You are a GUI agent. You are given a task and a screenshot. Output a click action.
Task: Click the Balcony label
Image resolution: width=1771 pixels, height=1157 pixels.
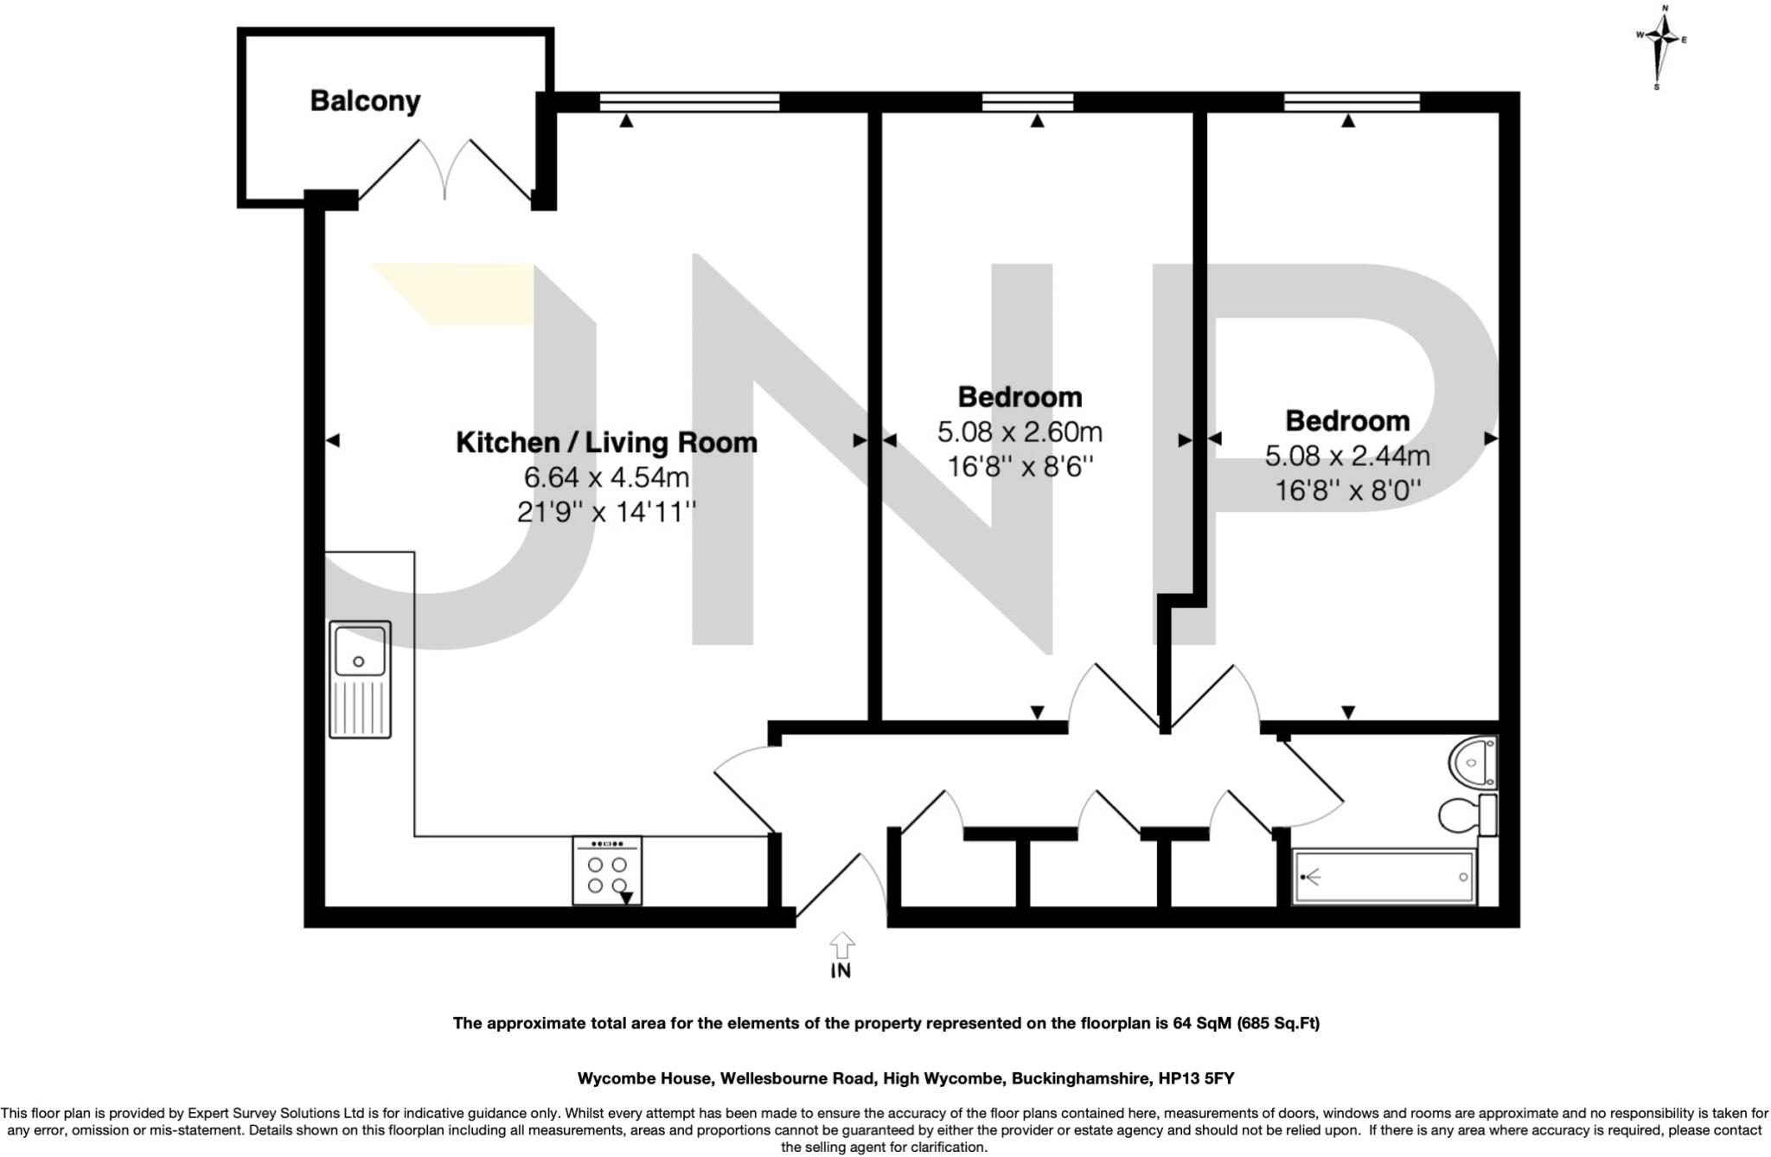pos(365,101)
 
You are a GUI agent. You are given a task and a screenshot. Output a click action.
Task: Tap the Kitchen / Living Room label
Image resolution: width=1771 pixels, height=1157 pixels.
pos(606,443)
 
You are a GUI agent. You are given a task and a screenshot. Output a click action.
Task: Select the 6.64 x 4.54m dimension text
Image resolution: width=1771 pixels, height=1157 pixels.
pos(606,477)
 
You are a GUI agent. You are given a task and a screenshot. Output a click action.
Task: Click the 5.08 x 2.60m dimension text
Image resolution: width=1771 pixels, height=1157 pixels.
pos(1020,431)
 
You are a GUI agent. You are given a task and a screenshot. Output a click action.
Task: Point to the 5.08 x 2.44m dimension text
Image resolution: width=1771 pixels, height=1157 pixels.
pos(1347,456)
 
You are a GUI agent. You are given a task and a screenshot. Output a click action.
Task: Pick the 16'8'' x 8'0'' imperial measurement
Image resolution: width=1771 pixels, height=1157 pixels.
pos(1347,491)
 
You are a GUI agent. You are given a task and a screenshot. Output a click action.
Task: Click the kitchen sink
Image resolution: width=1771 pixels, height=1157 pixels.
pos(360,680)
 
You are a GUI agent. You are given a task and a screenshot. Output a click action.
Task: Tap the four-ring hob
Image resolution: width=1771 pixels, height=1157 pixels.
pos(607,871)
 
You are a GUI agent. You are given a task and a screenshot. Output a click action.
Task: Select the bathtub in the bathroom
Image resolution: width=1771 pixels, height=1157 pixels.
pos(1383,878)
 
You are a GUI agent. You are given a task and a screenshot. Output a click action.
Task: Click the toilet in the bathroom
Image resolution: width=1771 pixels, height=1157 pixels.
pos(1464,814)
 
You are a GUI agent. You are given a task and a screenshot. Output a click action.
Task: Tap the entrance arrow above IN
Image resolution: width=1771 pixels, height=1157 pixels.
pos(841,943)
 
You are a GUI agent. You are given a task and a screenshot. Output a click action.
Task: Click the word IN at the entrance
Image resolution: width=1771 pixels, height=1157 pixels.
pos(841,971)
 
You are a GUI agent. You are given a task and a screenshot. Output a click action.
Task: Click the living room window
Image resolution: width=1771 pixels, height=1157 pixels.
pos(689,102)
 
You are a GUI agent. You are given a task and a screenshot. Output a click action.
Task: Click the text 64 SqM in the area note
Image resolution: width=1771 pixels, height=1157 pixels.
pos(1202,1023)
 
